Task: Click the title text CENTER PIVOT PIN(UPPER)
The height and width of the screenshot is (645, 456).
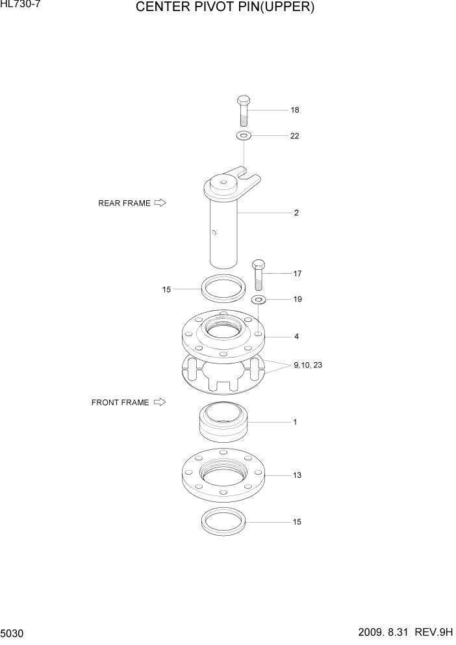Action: pyautogui.click(x=225, y=8)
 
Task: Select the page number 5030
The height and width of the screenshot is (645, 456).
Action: pyautogui.click(x=12, y=633)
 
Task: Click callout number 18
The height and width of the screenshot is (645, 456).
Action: pyautogui.click(x=295, y=110)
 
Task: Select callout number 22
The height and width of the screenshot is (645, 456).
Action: pyautogui.click(x=295, y=136)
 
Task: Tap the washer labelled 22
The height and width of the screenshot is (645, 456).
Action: pyautogui.click(x=244, y=136)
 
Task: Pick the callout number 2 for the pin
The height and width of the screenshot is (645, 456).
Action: pyautogui.click(x=296, y=213)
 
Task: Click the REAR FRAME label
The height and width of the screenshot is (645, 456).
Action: pyautogui.click(x=124, y=203)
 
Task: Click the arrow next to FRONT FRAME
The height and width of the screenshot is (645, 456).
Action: pyautogui.click(x=160, y=402)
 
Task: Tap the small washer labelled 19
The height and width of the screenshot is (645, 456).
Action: pyautogui.click(x=259, y=299)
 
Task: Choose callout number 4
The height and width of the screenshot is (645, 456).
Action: pyautogui.click(x=296, y=337)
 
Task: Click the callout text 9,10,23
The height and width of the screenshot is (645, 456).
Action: pyautogui.click(x=308, y=365)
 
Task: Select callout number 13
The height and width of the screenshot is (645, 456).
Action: pyautogui.click(x=297, y=475)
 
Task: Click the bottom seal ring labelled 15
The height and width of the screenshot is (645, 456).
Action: pyautogui.click(x=223, y=521)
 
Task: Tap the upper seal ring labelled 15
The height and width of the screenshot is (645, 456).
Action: pyautogui.click(x=223, y=287)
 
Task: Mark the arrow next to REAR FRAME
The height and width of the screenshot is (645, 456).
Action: pyautogui.click(x=160, y=203)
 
